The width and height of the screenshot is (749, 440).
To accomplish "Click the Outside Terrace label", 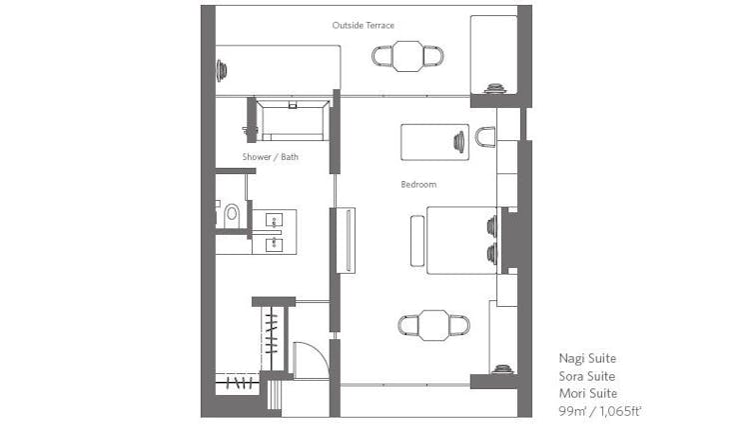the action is pos(364,25).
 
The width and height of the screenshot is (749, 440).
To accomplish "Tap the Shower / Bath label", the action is pos(270,157).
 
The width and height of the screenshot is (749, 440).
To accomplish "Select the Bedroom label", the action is pos(418,185).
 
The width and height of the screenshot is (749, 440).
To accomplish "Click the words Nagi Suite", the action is pos(587,358).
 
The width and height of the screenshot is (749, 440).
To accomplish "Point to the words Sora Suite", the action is pos(587,376).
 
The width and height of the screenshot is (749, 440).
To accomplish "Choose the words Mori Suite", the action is pos(588,393).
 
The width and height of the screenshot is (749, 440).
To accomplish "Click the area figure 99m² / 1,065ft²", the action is pos(599,411).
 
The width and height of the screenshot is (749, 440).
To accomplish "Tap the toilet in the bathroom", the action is pos(232,216).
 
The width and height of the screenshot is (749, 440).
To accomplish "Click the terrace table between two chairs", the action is pos(407,56).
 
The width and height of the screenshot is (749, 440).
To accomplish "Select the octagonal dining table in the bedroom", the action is pos(433,325).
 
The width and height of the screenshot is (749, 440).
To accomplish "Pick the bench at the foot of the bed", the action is pos(417,241).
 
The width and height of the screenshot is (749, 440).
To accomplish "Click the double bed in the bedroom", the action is pos(461,240).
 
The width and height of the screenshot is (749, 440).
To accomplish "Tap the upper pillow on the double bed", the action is pos(491,226).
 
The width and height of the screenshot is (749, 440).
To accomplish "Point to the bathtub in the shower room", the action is pos(293,120).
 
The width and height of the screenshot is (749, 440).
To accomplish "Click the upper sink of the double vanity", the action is pos(275,220).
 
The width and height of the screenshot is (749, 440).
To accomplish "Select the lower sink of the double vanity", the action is pos(275,244).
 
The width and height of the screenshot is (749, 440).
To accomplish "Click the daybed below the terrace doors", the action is pos(434,142).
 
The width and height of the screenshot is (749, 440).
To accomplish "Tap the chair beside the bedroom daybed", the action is pos(485,137).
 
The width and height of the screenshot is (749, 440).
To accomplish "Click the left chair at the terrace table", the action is pos(382,56).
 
